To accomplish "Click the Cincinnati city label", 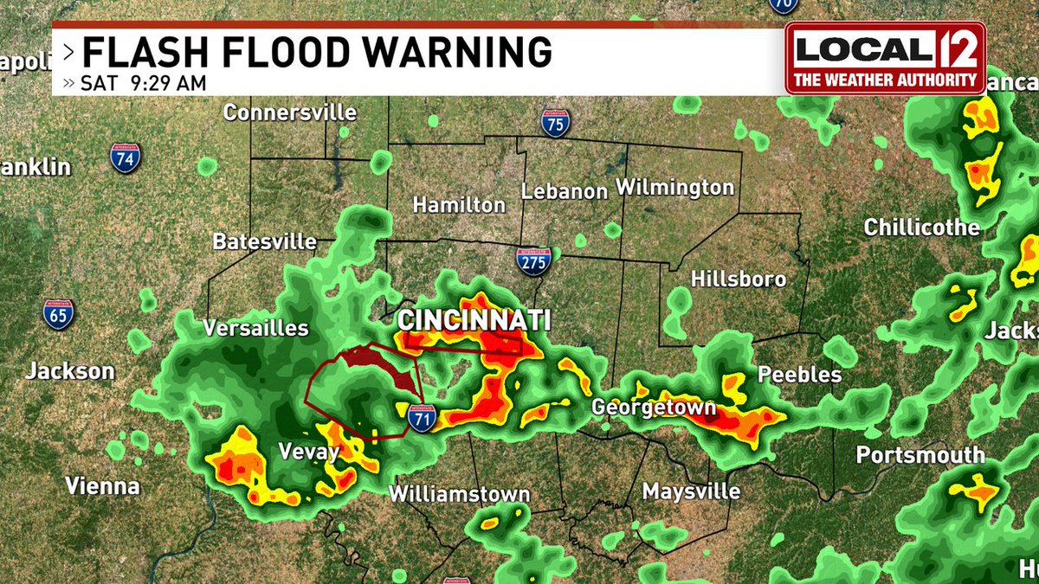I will pyautogui.click(x=474, y=320).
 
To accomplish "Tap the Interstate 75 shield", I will pyautogui.click(x=556, y=124).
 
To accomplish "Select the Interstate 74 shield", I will pyautogui.click(x=126, y=158).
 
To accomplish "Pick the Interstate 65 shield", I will pyautogui.click(x=59, y=313).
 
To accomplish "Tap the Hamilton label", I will pyautogui.click(x=459, y=205).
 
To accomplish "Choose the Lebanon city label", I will pyautogui.click(x=565, y=191).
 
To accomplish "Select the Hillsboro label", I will pyautogui.click(x=739, y=279).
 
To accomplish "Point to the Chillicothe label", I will pyautogui.click(x=922, y=228).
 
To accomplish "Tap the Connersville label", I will pyautogui.click(x=290, y=112).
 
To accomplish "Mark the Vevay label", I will pyautogui.click(x=308, y=451).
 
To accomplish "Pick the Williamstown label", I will pyautogui.click(x=459, y=494).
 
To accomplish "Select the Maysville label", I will pyautogui.click(x=691, y=491).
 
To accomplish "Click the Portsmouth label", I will pyautogui.click(x=920, y=455).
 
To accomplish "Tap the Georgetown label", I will pyautogui.click(x=654, y=408).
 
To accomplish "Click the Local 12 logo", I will pyautogui.click(x=885, y=57).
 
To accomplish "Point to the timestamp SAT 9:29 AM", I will pyautogui.click(x=143, y=84).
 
